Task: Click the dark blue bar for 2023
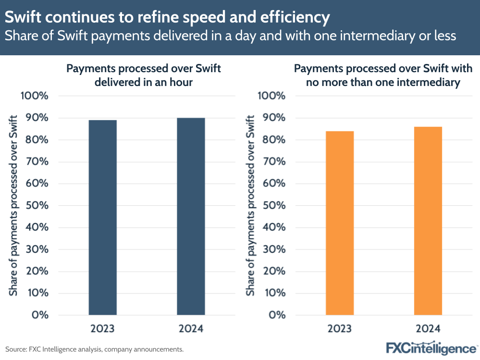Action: click(102, 217)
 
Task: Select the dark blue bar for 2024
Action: click(191, 216)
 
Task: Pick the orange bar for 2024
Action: click(428, 221)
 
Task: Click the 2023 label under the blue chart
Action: click(102, 329)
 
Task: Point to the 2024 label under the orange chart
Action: click(428, 329)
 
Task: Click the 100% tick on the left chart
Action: click(35, 96)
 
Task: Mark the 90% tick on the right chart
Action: click(272, 118)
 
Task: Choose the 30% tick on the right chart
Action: click(272, 249)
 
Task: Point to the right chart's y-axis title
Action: click(250, 205)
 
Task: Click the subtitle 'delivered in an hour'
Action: click(144, 82)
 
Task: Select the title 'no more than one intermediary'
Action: click(383, 82)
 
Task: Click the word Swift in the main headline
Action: click(23, 18)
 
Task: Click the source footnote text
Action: click(94, 349)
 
